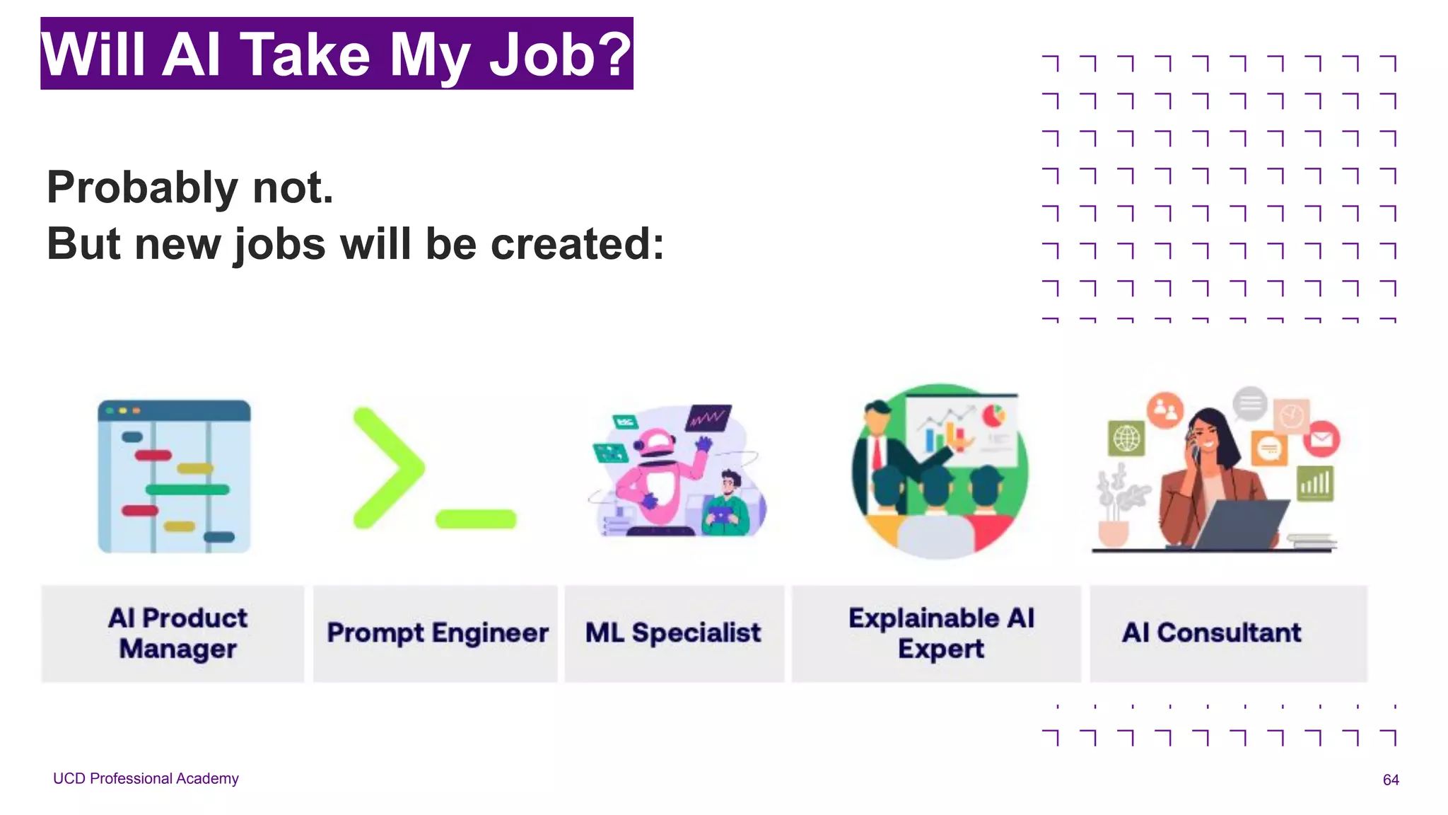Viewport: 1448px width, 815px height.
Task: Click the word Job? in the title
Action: tap(559, 55)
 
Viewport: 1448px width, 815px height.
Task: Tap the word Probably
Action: tap(142, 188)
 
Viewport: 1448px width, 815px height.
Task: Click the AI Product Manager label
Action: tap(177, 633)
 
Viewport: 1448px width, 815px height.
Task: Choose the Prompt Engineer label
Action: tap(437, 632)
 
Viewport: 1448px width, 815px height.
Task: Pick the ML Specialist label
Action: tap(673, 632)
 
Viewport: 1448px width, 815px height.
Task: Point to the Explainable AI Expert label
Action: tap(941, 633)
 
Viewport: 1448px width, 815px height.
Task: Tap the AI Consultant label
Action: tap(1211, 632)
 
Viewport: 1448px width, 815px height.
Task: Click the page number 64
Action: tap(1390, 780)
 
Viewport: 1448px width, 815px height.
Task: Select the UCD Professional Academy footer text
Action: tap(146, 778)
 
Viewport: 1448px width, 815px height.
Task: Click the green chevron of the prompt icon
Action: tap(387, 468)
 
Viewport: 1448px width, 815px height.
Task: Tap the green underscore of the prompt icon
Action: tap(476, 519)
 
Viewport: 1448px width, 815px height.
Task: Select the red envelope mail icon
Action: tap(1321, 439)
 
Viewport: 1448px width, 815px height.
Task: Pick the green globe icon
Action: tap(1126, 439)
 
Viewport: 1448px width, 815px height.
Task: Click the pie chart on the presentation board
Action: tap(994, 415)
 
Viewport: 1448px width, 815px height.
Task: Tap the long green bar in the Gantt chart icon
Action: tap(187, 489)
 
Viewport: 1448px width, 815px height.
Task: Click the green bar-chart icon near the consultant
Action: tap(1315, 484)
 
